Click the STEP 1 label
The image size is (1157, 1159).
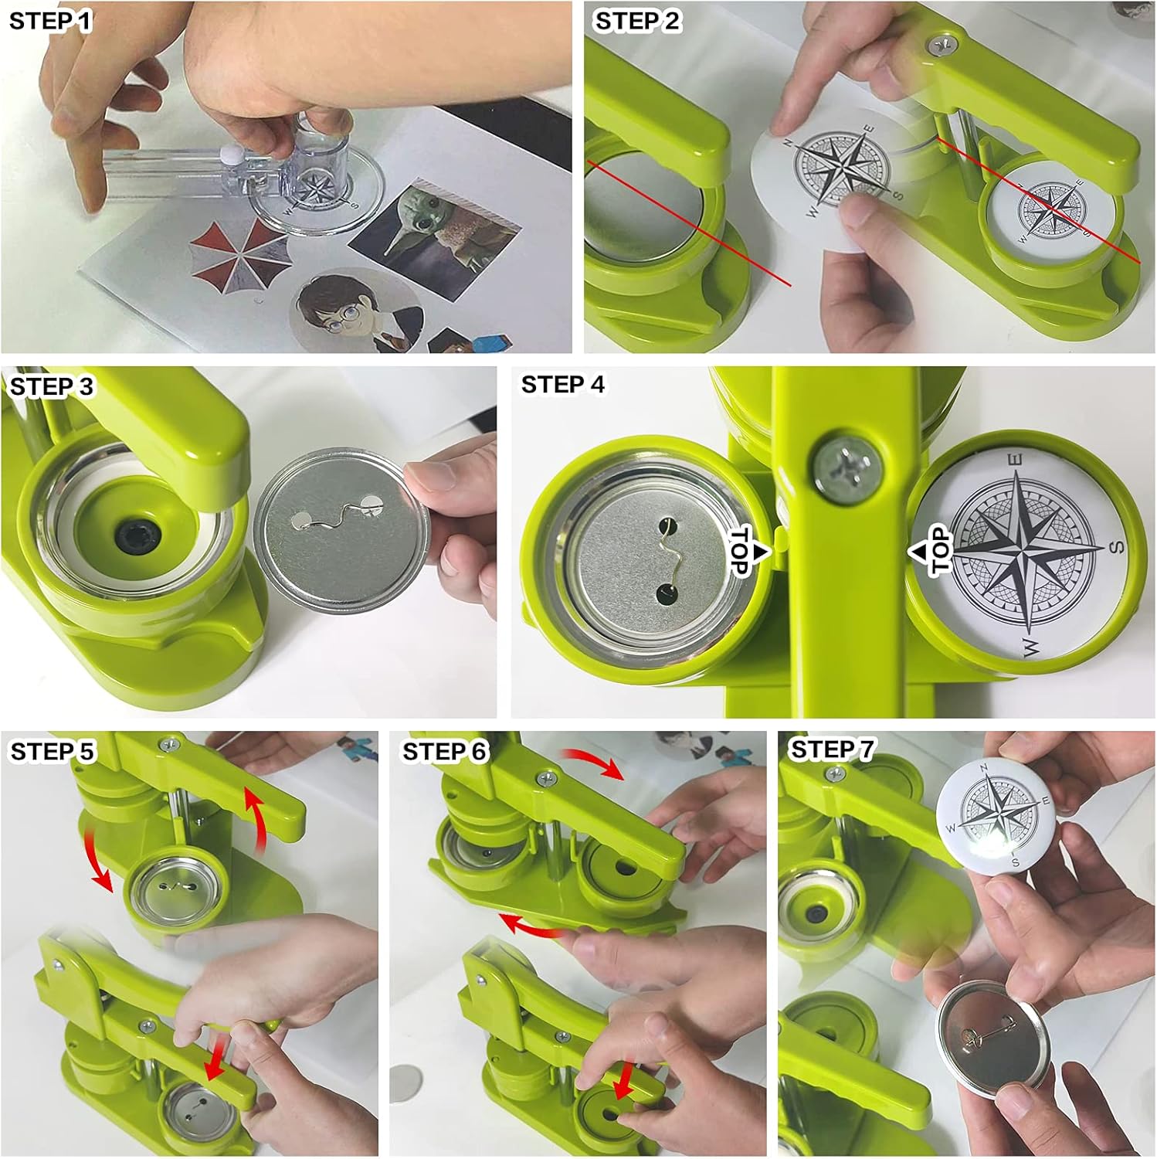tap(50, 21)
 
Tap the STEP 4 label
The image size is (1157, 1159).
tap(563, 385)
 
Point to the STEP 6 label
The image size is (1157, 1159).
tap(445, 751)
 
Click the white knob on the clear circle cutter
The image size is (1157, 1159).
tap(229, 154)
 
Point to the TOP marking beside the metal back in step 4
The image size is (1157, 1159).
tap(748, 552)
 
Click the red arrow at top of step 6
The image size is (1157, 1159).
tap(592, 762)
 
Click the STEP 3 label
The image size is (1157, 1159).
tap(51, 386)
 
